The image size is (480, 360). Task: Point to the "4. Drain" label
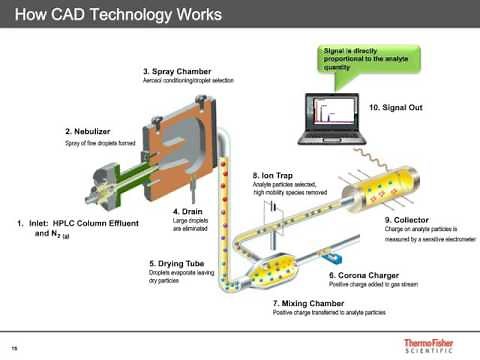tap(187, 211)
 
